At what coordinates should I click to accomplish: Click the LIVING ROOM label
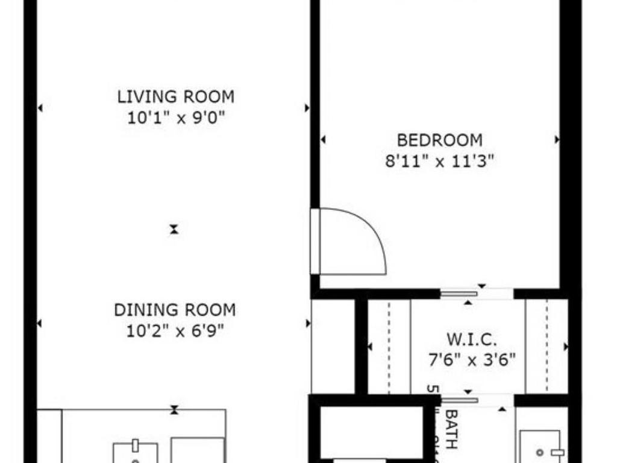click(x=175, y=96)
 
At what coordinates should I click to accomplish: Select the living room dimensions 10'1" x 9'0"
click(x=175, y=118)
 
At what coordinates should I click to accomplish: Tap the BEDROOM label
click(x=439, y=140)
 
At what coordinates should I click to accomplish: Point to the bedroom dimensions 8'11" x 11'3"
click(x=439, y=162)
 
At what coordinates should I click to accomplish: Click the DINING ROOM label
click(x=175, y=310)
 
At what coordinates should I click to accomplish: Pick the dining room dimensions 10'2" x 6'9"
click(x=175, y=331)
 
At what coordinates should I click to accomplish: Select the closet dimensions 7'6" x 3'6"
click(x=471, y=361)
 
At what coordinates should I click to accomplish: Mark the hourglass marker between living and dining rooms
click(x=174, y=229)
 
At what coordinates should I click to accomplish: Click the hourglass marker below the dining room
click(x=174, y=410)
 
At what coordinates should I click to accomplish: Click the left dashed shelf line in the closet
click(x=389, y=347)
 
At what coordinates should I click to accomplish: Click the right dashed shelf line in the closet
click(x=547, y=347)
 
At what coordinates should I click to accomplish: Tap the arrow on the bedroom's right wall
click(x=557, y=140)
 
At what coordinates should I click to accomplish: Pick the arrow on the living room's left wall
click(x=40, y=109)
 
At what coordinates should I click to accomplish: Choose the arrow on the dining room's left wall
click(x=40, y=323)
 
